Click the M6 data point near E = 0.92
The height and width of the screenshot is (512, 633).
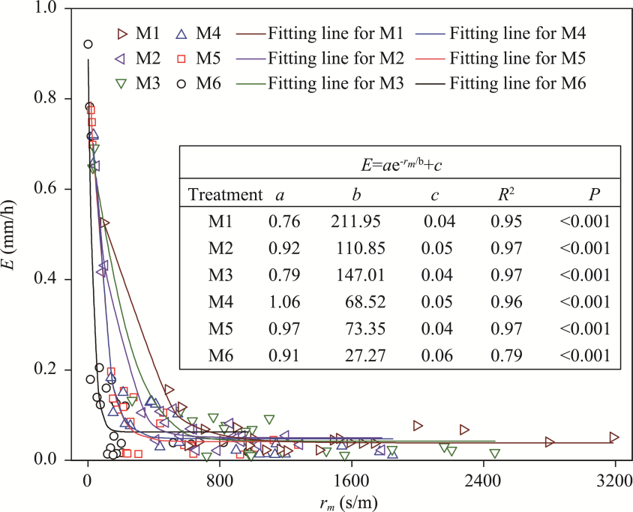pyautogui.click(x=88, y=44)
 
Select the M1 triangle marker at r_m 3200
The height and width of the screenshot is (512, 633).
pyautogui.click(x=614, y=437)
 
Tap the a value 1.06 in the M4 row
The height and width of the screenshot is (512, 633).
pyautogui.click(x=284, y=302)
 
